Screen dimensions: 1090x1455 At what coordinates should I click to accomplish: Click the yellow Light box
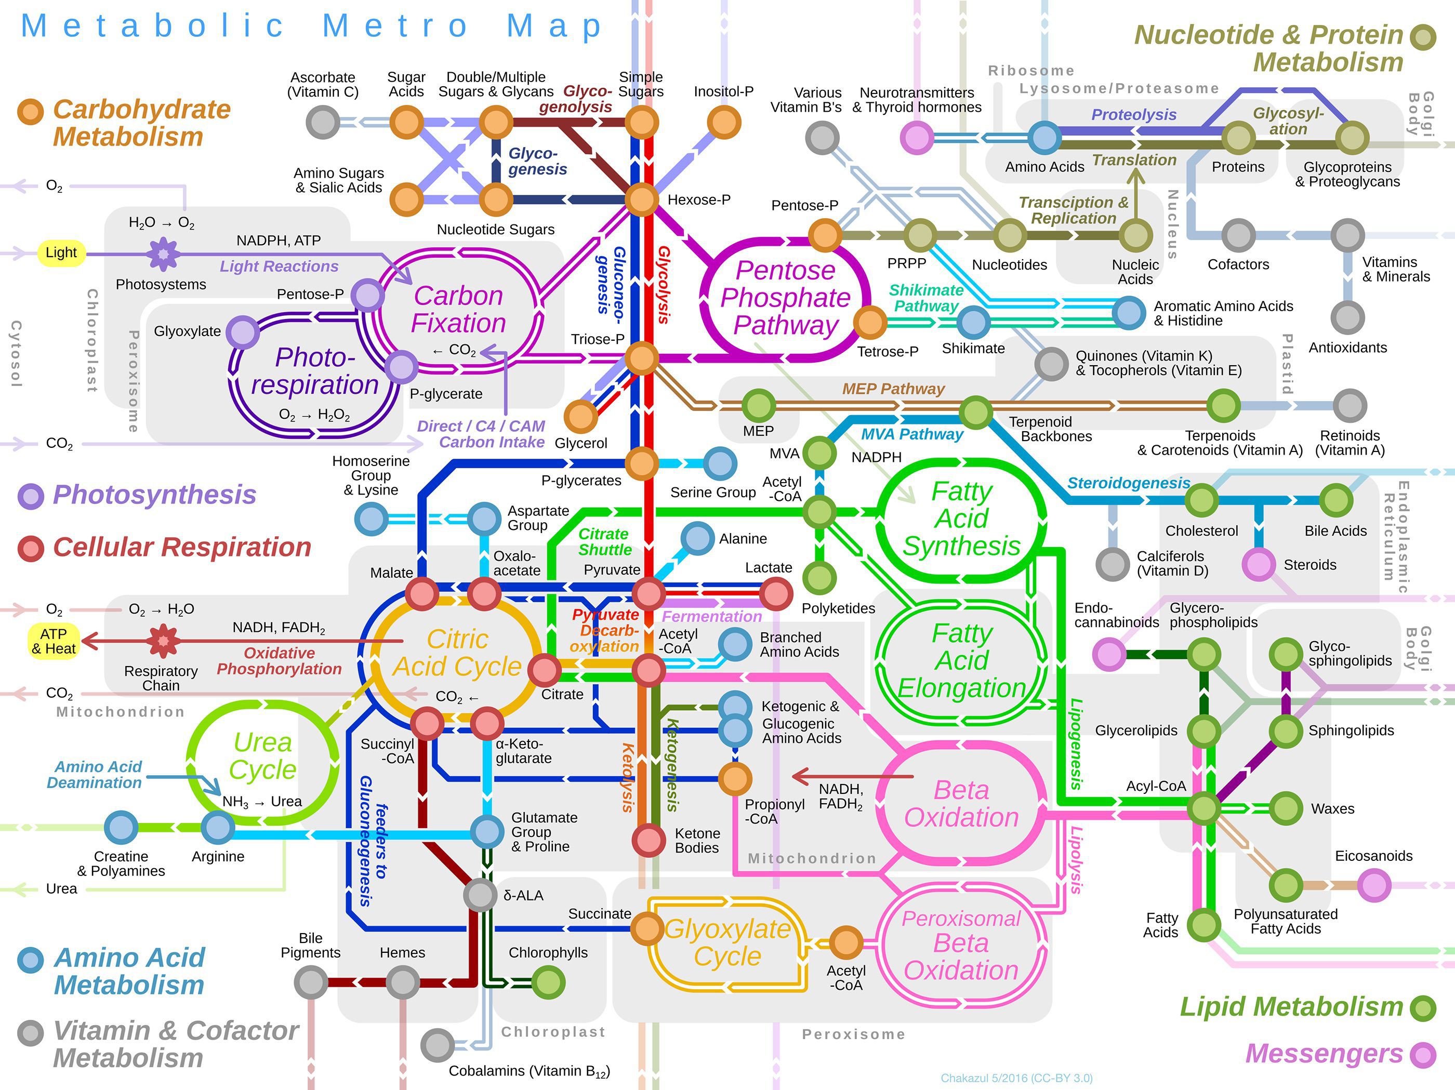coord(61,252)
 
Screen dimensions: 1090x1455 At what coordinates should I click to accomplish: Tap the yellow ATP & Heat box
coord(54,641)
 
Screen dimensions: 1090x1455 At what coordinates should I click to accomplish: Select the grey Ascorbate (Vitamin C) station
coord(323,123)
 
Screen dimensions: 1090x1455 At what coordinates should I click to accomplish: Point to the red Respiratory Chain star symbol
coord(163,641)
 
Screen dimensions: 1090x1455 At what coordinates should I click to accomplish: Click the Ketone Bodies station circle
coord(649,840)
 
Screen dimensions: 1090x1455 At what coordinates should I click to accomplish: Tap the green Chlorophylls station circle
coord(548,983)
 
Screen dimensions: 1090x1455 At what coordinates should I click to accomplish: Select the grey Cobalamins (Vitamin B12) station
coord(438,1045)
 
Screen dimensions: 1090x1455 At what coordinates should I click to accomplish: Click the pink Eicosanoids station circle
coord(1374,885)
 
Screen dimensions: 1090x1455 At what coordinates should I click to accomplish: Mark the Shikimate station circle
coord(973,322)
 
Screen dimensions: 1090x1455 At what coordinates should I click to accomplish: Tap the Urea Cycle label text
coord(263,756)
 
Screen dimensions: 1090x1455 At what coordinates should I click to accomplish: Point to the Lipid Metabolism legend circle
coord(1423,1007)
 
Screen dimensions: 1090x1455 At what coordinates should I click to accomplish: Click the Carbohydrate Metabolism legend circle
coord(30,112)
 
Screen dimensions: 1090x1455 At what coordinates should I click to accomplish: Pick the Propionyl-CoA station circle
coord(735,779)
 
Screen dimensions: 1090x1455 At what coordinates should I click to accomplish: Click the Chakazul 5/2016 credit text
coord(1016,1078)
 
